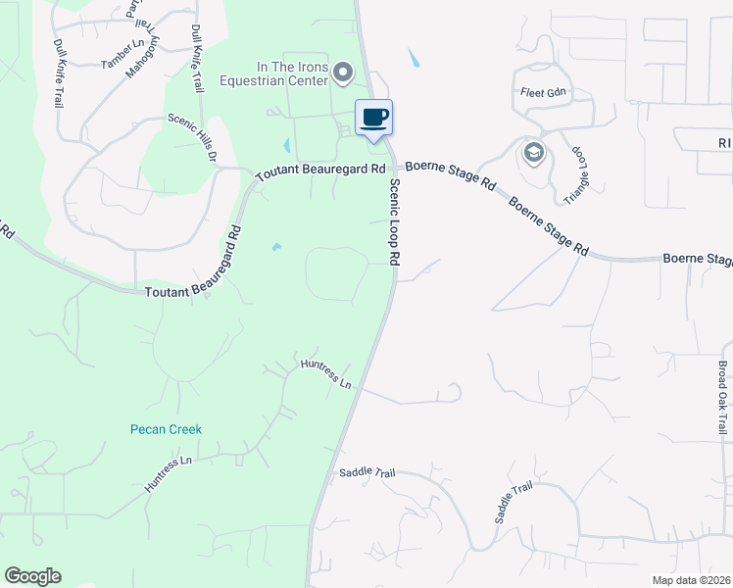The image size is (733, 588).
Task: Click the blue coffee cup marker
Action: coord(373,119)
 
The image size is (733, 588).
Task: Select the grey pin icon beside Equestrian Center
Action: coord(343,72)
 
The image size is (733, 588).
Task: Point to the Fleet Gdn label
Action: coord(544,92)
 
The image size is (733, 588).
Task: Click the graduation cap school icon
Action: coord(534,152)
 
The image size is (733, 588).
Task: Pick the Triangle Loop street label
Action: coord(580,174)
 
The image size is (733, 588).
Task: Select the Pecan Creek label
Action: coord(166,428)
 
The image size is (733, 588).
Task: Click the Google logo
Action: coord(32,576)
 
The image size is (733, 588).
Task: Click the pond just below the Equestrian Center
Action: coord(286,146)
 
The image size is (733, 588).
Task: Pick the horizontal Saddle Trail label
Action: coord(366,472)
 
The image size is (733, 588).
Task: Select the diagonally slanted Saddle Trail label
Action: coord(513,502)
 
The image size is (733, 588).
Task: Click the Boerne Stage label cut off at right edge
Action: coord(698,260)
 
